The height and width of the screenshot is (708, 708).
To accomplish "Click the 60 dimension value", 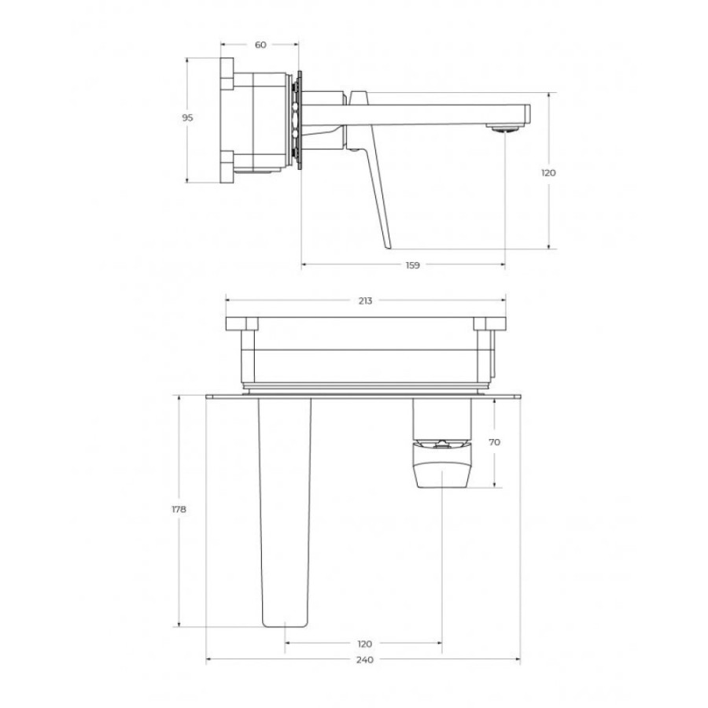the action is pos(260,45).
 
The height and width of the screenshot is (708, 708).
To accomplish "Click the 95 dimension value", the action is pos(187,118).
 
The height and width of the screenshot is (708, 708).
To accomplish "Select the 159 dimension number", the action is pos(413,266).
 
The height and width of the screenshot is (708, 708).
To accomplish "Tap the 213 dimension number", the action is pos(365,301).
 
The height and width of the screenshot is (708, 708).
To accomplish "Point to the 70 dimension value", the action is pos(495,442).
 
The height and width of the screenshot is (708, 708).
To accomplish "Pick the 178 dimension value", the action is pos(179,509).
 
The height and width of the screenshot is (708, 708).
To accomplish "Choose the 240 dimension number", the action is pos(365,660).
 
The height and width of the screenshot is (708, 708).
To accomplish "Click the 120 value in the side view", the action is pos(548,173).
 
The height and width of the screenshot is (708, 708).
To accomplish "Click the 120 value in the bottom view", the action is pos(364,643).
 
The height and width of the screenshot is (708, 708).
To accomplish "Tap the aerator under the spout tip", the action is pos(504,129).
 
